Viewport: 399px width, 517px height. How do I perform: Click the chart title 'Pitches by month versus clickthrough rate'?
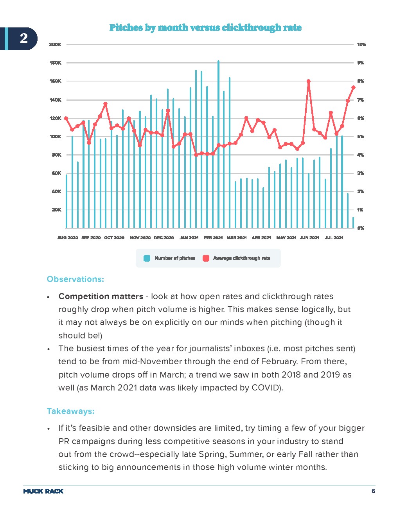click(205, 28)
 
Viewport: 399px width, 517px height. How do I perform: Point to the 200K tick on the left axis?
click(55, 45)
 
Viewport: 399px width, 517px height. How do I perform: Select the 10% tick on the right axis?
click(361, 45)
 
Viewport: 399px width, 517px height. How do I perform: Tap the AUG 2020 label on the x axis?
click(68, 238)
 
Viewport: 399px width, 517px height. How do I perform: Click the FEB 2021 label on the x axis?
click(213, 238)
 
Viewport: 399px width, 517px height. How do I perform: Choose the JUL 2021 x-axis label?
click(334, 238)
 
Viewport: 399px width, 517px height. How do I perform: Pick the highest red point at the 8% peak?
click(309, 81)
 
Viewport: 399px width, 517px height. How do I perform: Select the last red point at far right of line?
click(353, 87)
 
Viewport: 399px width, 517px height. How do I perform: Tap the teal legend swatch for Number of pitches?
click(147, 258)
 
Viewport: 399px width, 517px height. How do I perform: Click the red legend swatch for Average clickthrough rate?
click(206, 258)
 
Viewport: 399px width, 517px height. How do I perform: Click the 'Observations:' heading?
click(75, 279)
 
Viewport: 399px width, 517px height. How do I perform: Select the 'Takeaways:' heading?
click(71, 411)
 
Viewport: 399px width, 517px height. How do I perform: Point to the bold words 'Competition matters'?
click(101, 296)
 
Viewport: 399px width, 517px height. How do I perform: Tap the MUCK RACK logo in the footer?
click(43, 491)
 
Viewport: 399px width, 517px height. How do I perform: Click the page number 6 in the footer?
click(373, 491)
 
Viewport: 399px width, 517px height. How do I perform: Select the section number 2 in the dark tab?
click(24, 38)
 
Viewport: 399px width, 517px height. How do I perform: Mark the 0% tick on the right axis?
click(361, 228)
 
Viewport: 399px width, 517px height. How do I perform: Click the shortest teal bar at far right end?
click(353, 223)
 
